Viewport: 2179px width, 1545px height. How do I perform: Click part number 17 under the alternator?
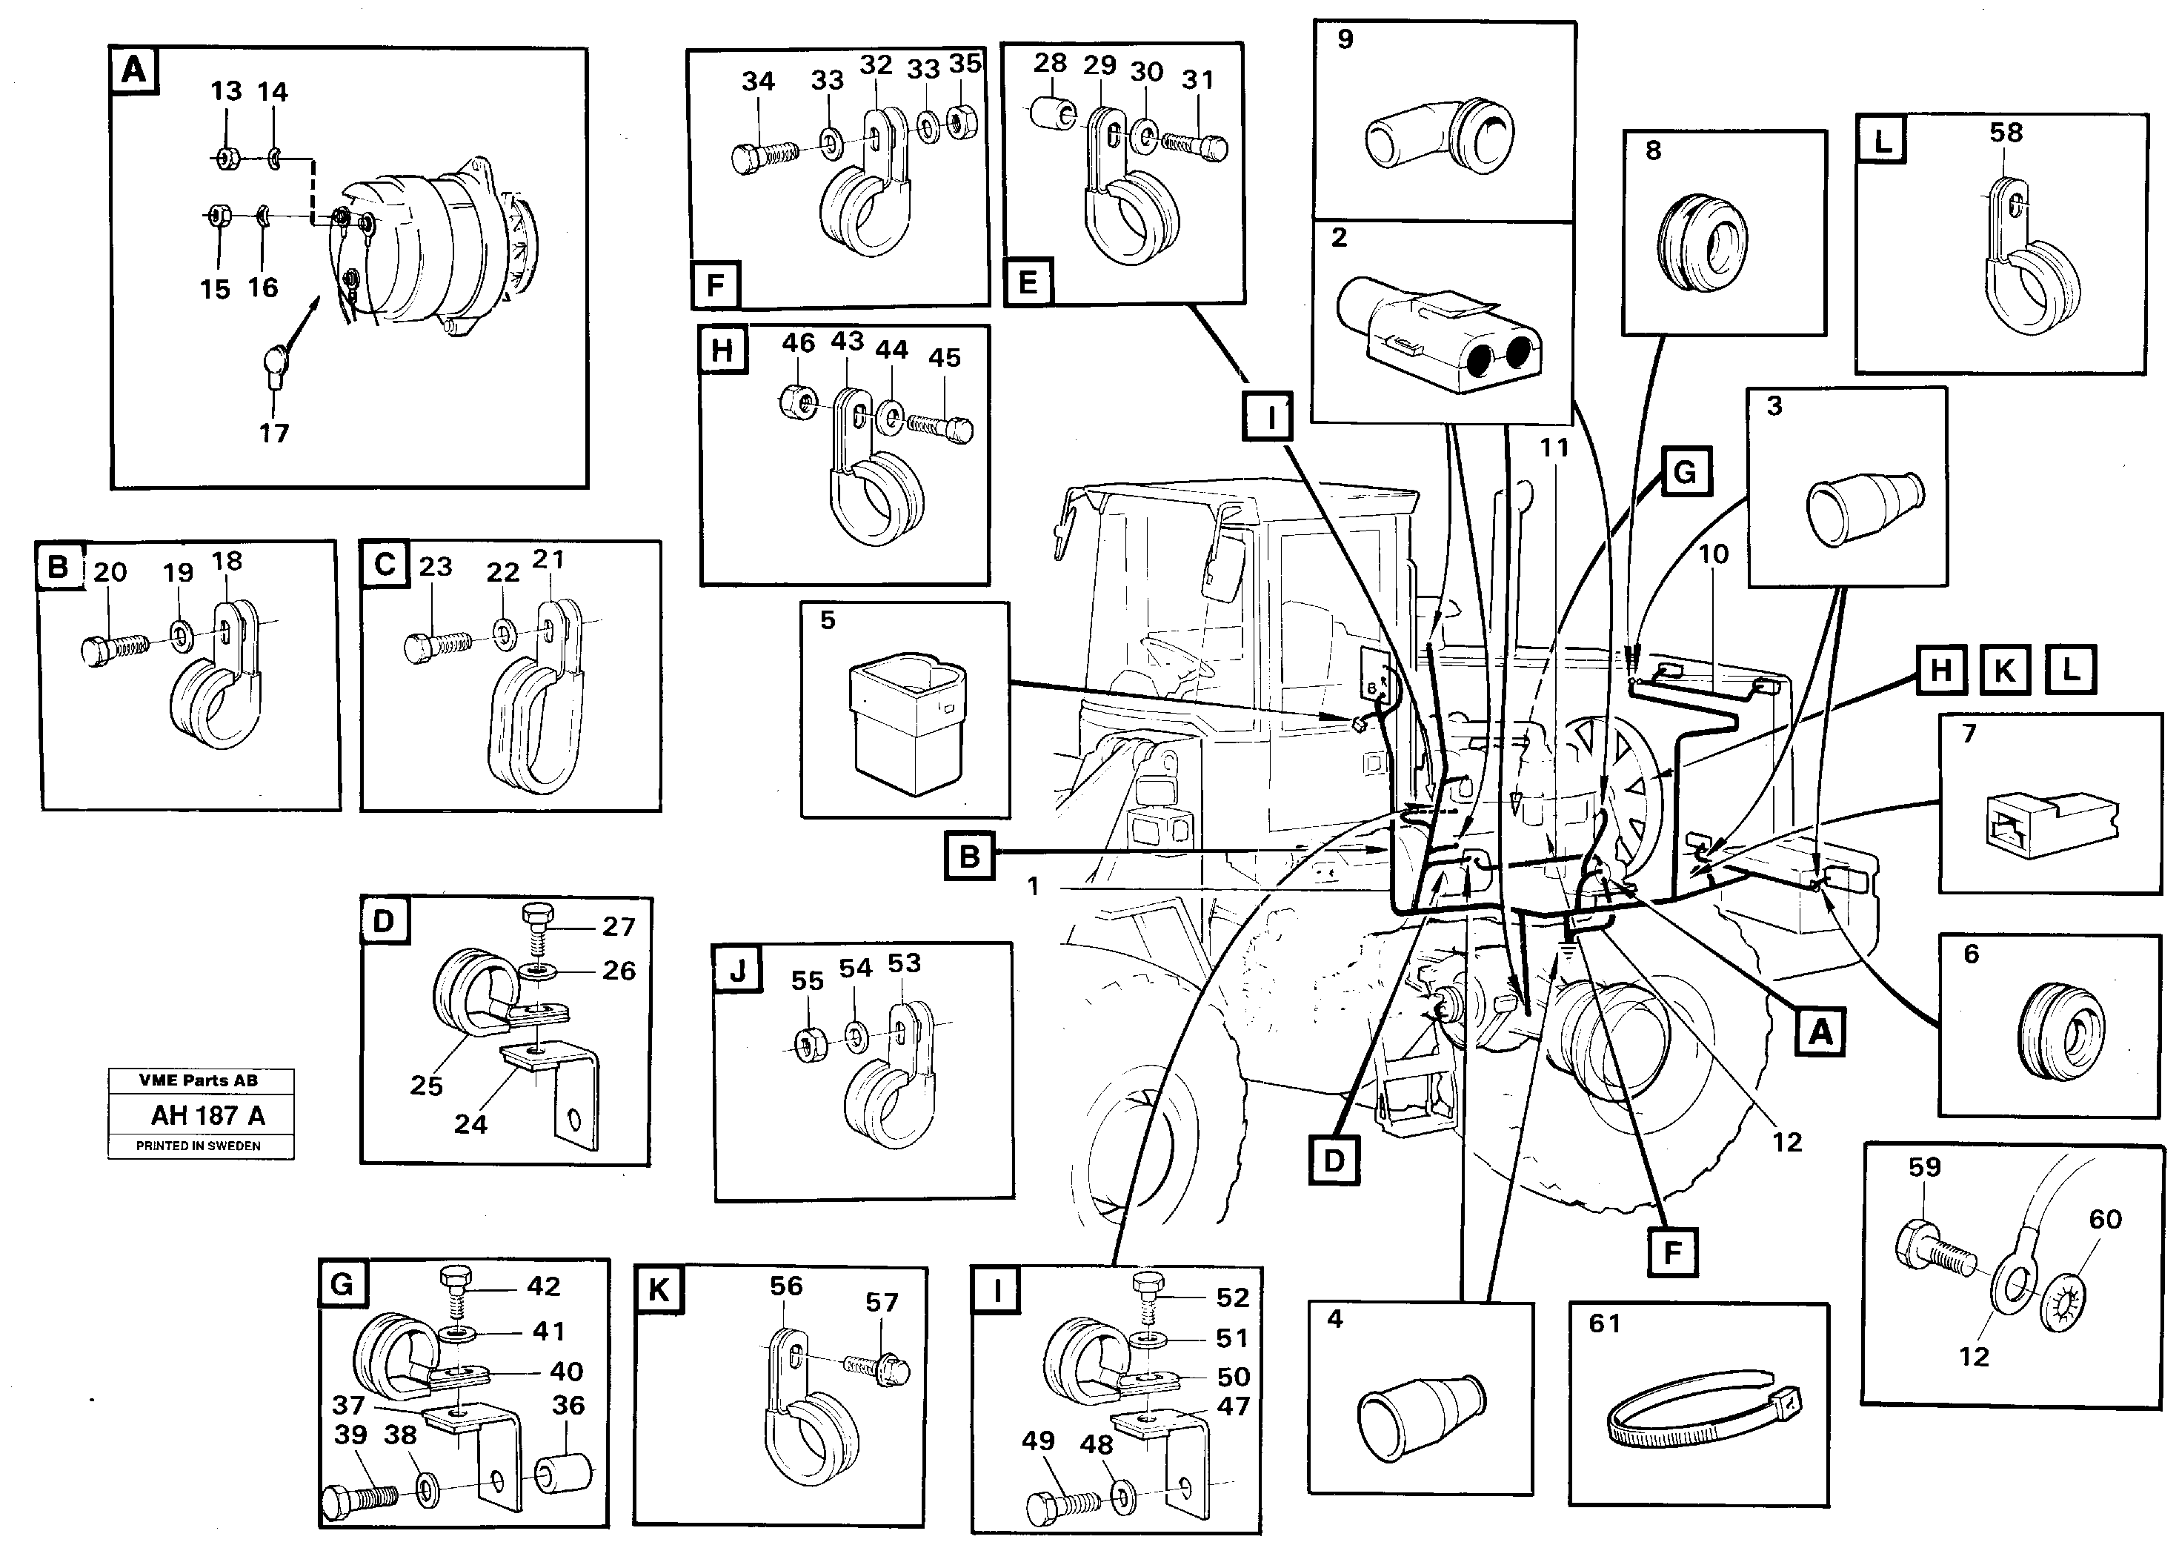point(274,433)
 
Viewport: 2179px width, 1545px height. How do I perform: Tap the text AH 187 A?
point(207,1115)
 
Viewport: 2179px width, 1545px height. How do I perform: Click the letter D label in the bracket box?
point(383,921)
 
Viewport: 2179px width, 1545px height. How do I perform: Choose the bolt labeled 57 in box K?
point(879,1368)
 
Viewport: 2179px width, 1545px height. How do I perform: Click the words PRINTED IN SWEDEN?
point(198,1146)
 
